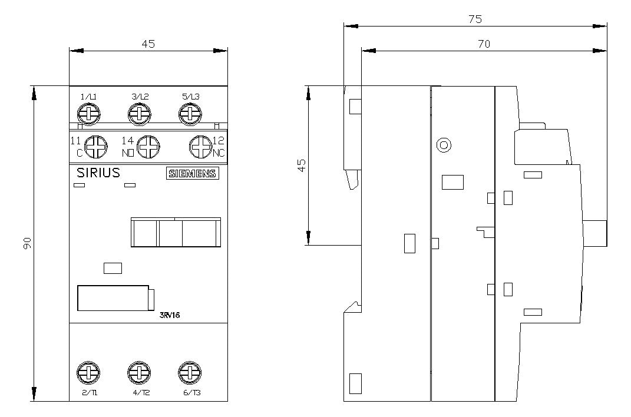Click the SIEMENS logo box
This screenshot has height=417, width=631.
click(192, 173)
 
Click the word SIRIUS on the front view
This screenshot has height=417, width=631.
click(98, 173)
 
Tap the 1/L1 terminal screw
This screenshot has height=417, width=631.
click(88, 114)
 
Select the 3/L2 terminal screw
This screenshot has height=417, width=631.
click(140, 114)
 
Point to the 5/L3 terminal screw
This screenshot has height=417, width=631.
click(190, 114)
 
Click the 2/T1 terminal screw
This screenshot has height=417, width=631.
click(88, 372)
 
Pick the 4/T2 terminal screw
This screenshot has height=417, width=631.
click(139, 372)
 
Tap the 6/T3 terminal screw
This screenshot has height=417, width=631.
click(190, 372)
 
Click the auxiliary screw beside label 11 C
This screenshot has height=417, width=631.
click(96, 147)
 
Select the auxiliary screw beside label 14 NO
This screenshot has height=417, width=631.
click(148, 147)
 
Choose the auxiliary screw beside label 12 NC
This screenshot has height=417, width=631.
click(201, 147)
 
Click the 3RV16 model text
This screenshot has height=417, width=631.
click(170, 315)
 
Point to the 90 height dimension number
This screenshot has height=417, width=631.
click(27, 243)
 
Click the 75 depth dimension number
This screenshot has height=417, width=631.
click(475, 19)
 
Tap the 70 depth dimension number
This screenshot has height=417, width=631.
click(484, 44)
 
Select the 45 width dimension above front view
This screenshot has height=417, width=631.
click(148, 44)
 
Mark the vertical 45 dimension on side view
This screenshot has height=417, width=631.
click(302, 166)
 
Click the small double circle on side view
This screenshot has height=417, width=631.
click(444, 145)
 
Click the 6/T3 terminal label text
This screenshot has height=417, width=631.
click(192, 393)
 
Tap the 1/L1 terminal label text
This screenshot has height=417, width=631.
click(88, 97)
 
